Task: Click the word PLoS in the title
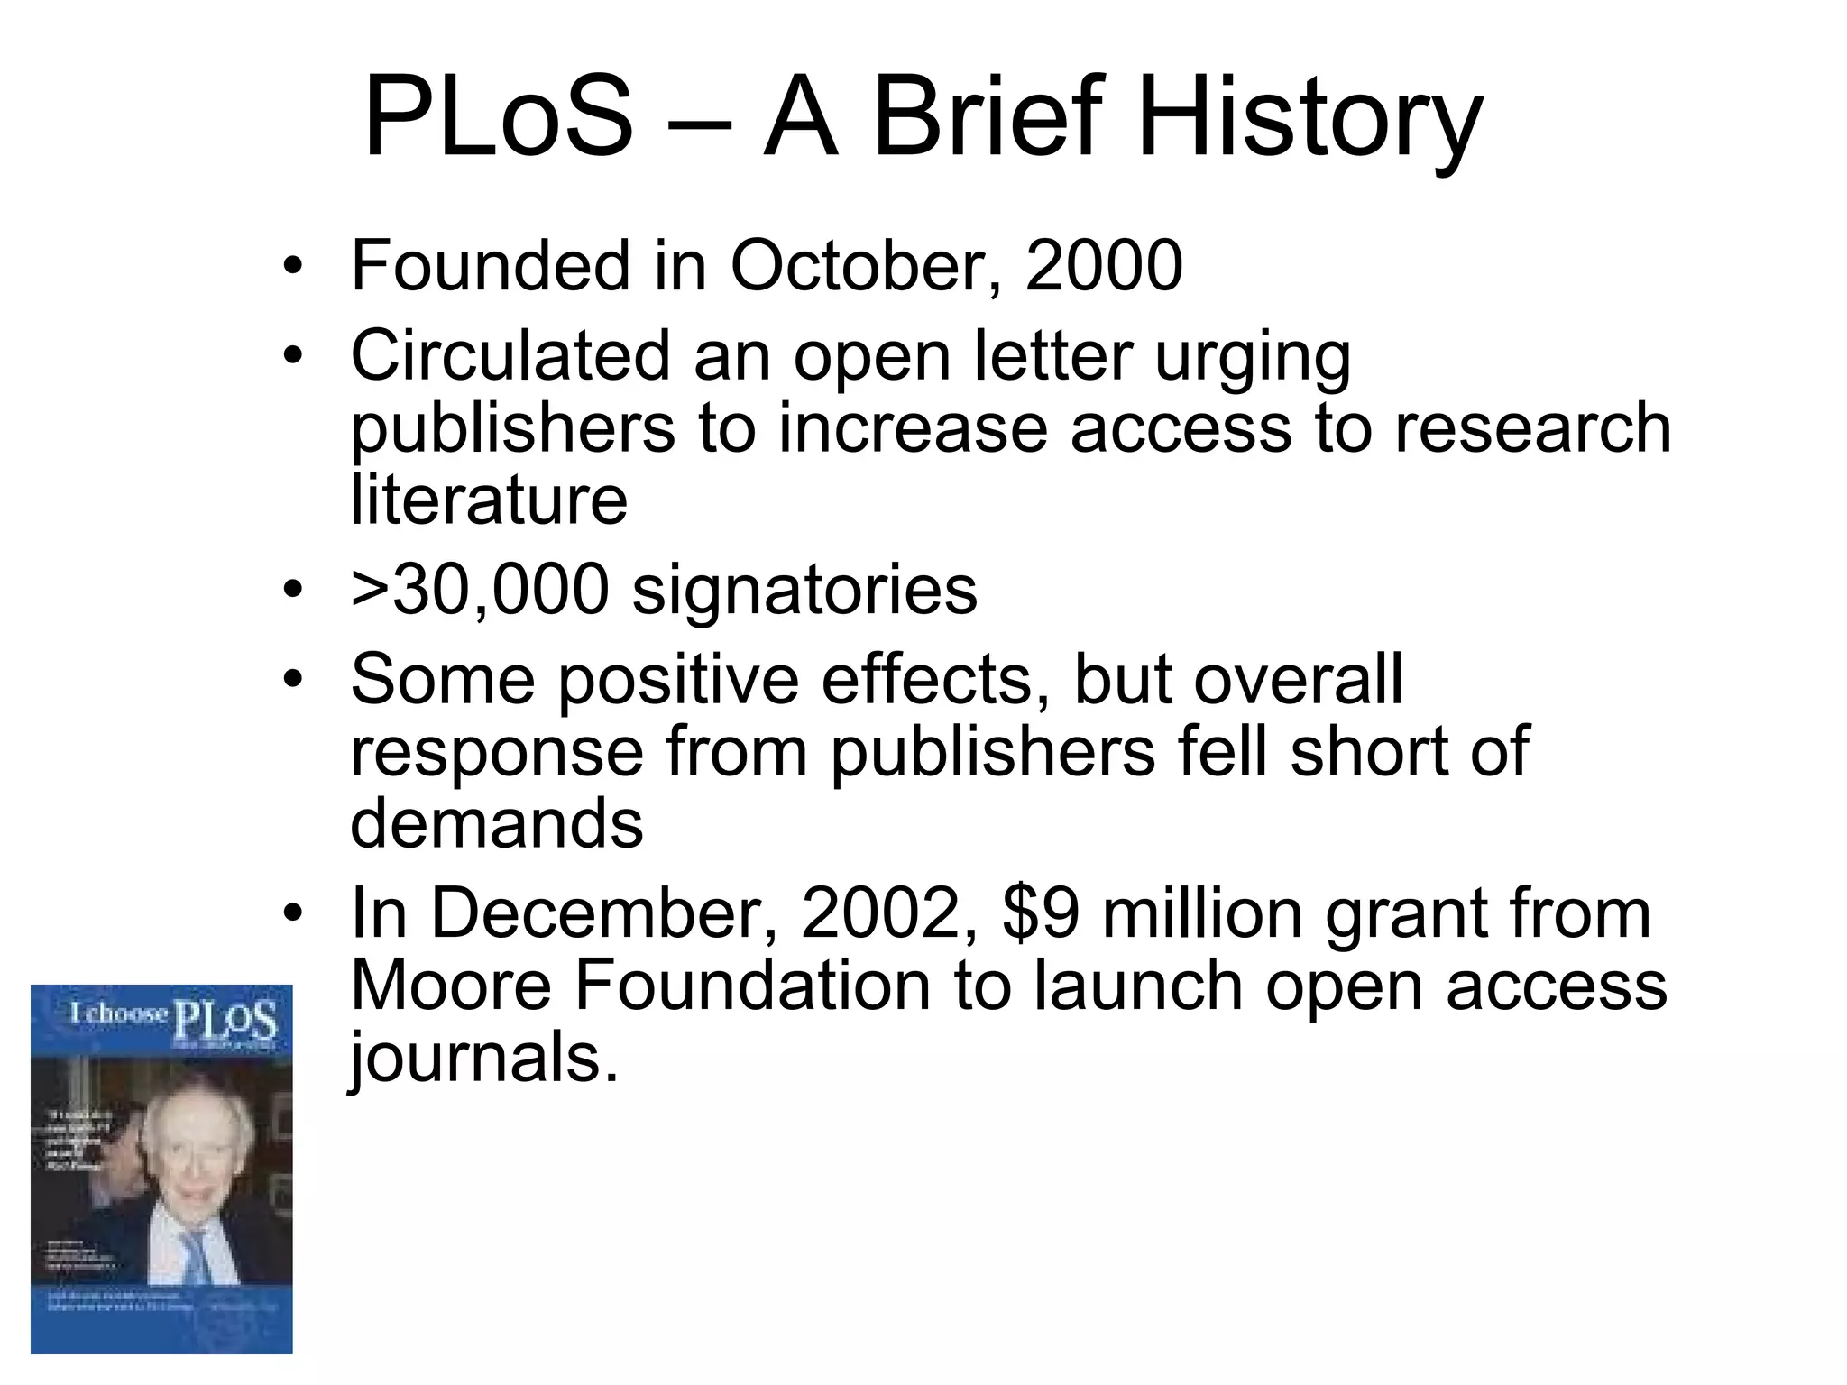[499, 118]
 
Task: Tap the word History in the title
[1309, 118]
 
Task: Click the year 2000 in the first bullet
[1104, 266]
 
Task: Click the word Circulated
[510, 356]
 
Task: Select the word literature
[489, 500]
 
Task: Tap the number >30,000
[480, 591]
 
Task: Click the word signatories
[804, 591]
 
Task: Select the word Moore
[451, 986]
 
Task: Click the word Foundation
[753, 986]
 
